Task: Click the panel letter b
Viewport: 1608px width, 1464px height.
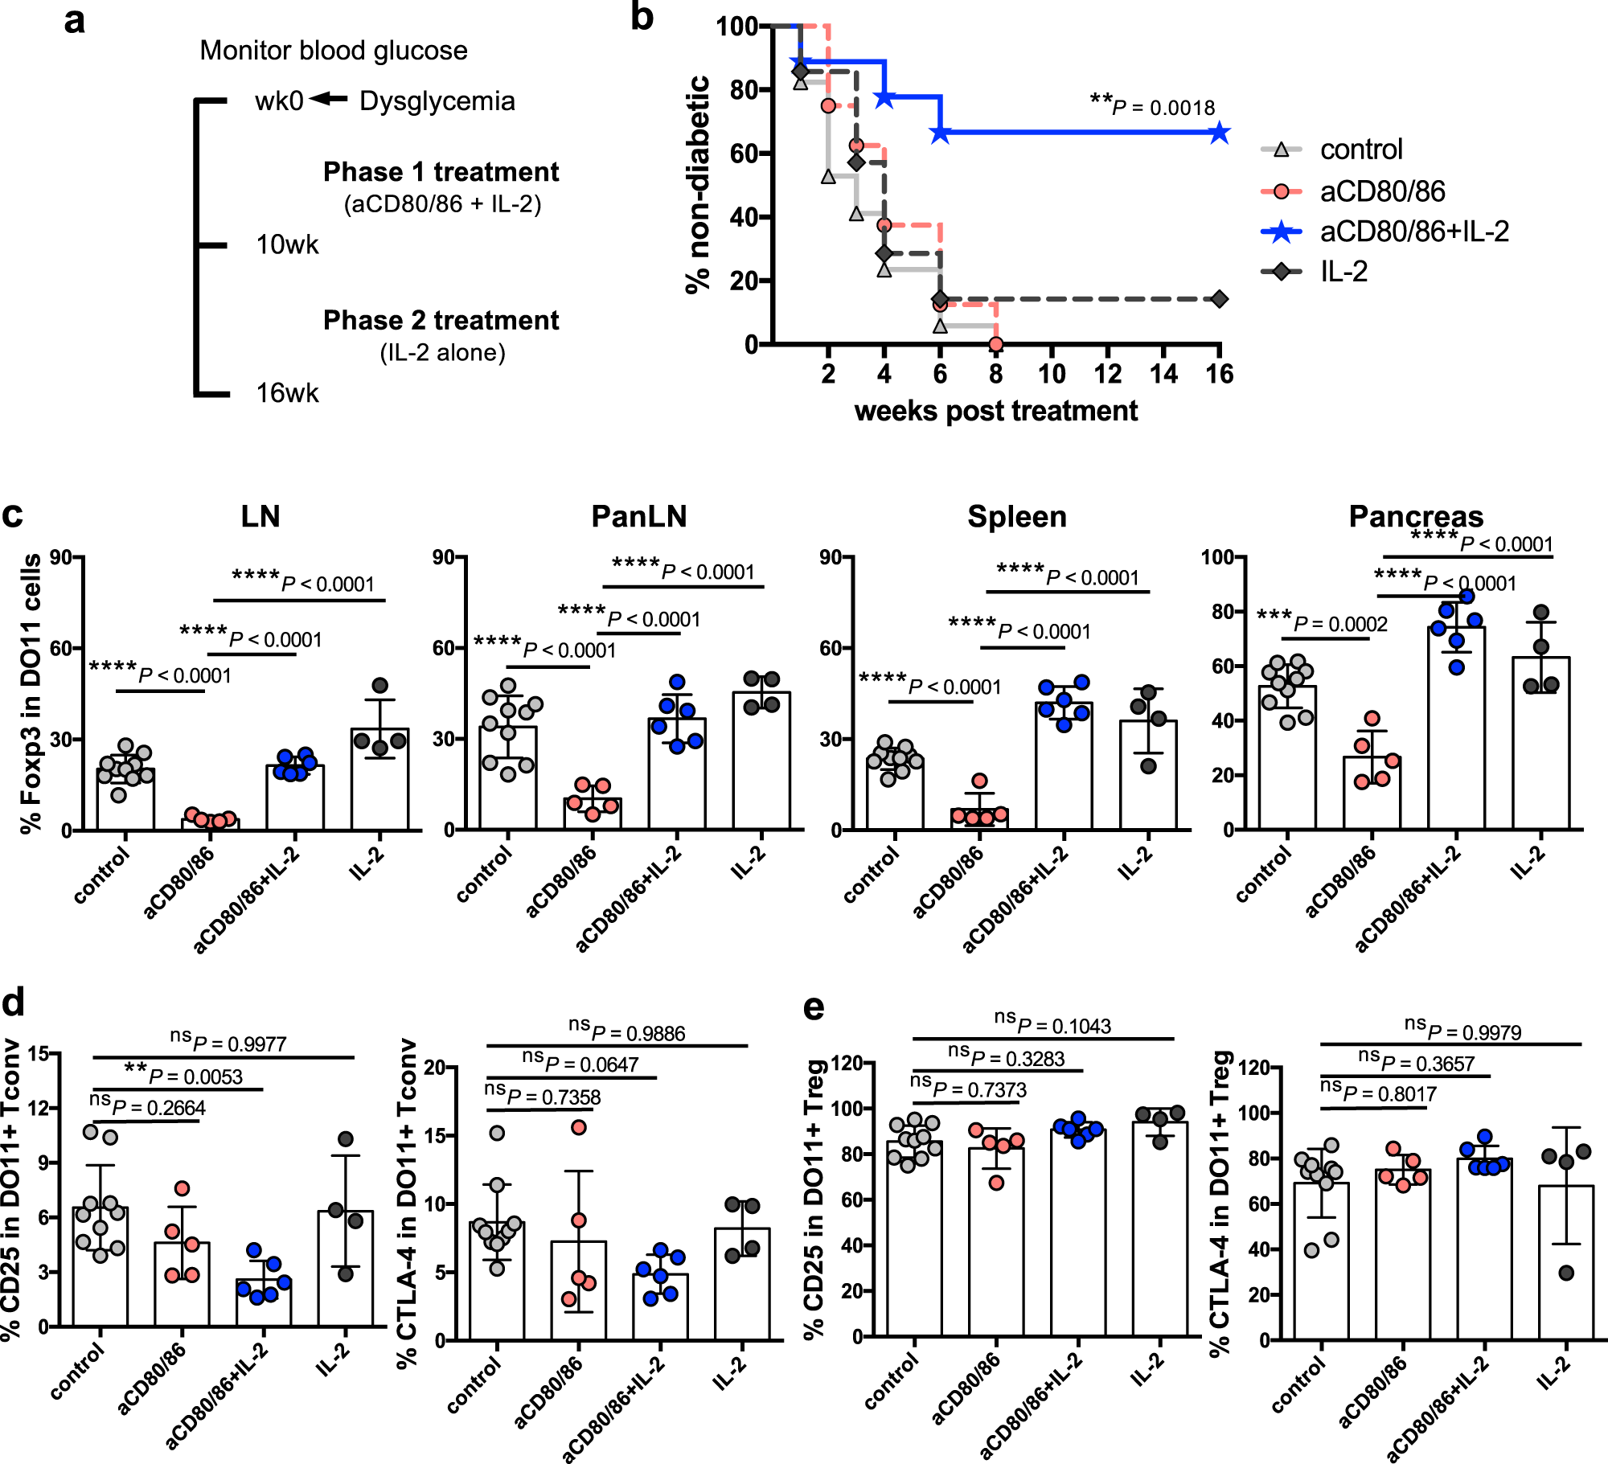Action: [x=642, y=18]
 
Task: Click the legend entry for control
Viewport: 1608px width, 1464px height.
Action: [x=1360, y=150]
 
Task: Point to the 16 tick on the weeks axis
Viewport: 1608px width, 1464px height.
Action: [x=1219, y=374]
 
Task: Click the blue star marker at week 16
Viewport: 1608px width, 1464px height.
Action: [x=1219, y=133]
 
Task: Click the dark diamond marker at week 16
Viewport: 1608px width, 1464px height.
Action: [x=1219, y=299]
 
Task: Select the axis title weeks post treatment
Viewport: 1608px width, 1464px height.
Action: [x=995, y=411]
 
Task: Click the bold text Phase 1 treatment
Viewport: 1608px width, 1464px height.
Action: [x=441, y=172]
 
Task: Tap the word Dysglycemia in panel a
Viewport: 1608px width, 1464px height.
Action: [x=437, y=101]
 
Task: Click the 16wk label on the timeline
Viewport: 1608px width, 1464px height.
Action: [x=287, y=393]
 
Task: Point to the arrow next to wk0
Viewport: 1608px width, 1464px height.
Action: [x=328, y=99]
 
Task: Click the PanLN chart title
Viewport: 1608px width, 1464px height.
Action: [x=638, y=516]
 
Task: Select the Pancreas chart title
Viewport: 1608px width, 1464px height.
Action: [x=1415, y=516]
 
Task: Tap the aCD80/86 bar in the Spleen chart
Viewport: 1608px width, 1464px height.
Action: [x=979, y=818]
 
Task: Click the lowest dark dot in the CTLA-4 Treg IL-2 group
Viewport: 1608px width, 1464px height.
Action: [x=1566, y=1273]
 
